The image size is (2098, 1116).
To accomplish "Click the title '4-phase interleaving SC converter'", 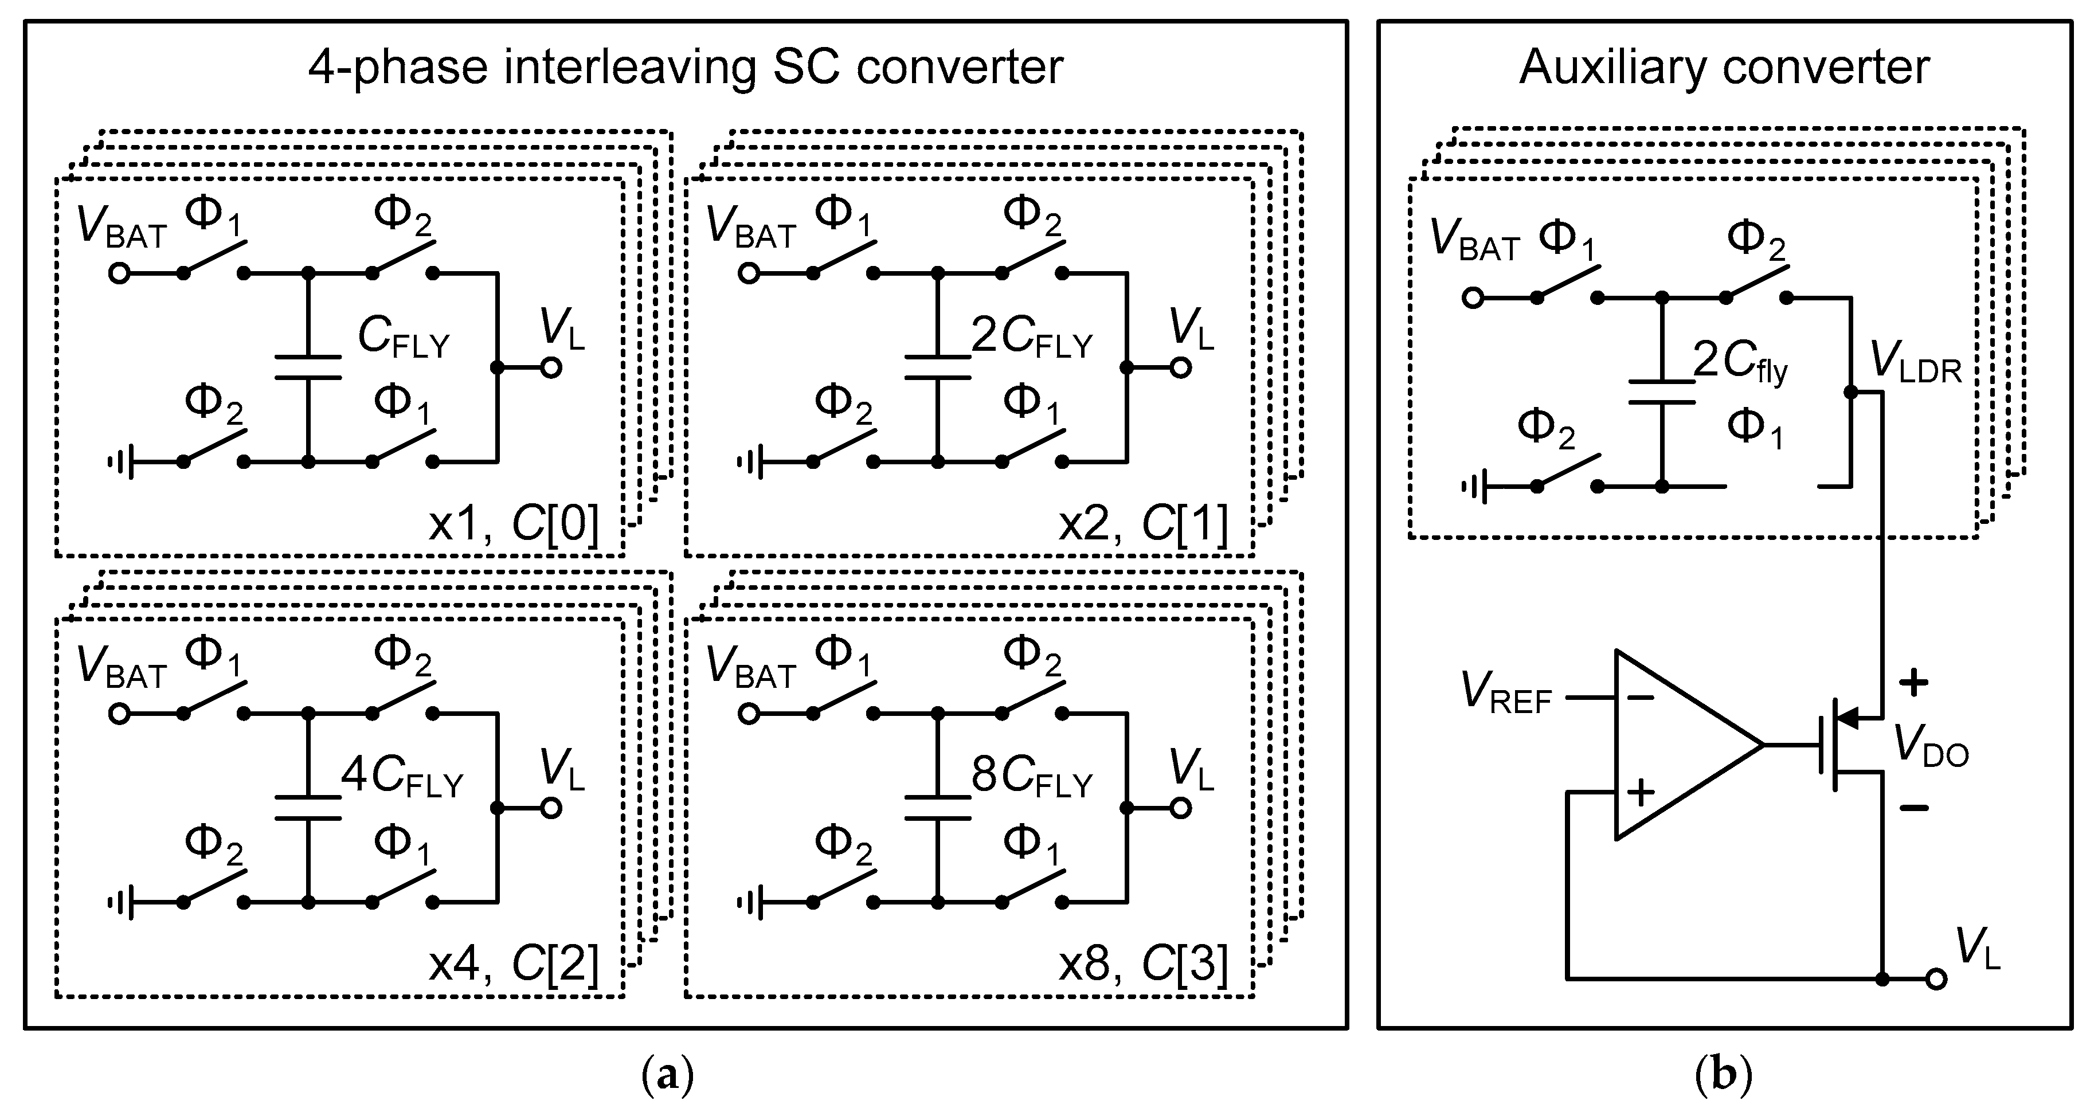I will [x=685, y=67].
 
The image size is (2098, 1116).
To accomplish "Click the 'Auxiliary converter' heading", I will [x=1724, y=67].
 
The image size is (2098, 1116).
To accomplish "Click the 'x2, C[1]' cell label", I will [x=1142, y=524].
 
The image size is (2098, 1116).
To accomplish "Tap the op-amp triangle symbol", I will [x=1678, y=745].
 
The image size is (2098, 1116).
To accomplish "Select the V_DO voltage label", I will [x=1930, y=745].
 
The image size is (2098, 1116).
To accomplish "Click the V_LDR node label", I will [x=1916, y=362].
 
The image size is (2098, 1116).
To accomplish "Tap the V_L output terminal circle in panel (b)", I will [x=1937, y=978].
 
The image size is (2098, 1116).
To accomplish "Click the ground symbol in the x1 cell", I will [x=120, y=463].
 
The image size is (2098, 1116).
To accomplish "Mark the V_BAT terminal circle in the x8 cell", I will [x=749, y=714].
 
